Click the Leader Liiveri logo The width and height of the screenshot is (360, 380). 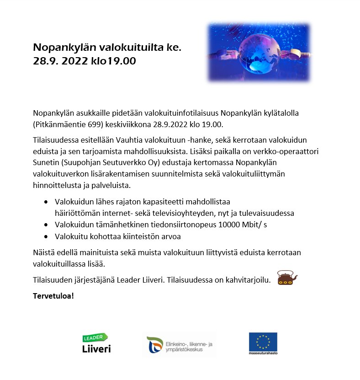[x=96, y=343]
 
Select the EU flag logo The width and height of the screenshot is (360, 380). [x=263, y=341]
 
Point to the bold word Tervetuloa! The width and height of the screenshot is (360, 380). [x=53, y=295]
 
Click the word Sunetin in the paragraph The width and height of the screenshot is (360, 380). [x=47, y=164]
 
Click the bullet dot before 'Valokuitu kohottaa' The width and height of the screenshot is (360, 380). [x=46, y=237]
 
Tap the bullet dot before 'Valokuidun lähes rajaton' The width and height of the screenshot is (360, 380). [x=46, y=202]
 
